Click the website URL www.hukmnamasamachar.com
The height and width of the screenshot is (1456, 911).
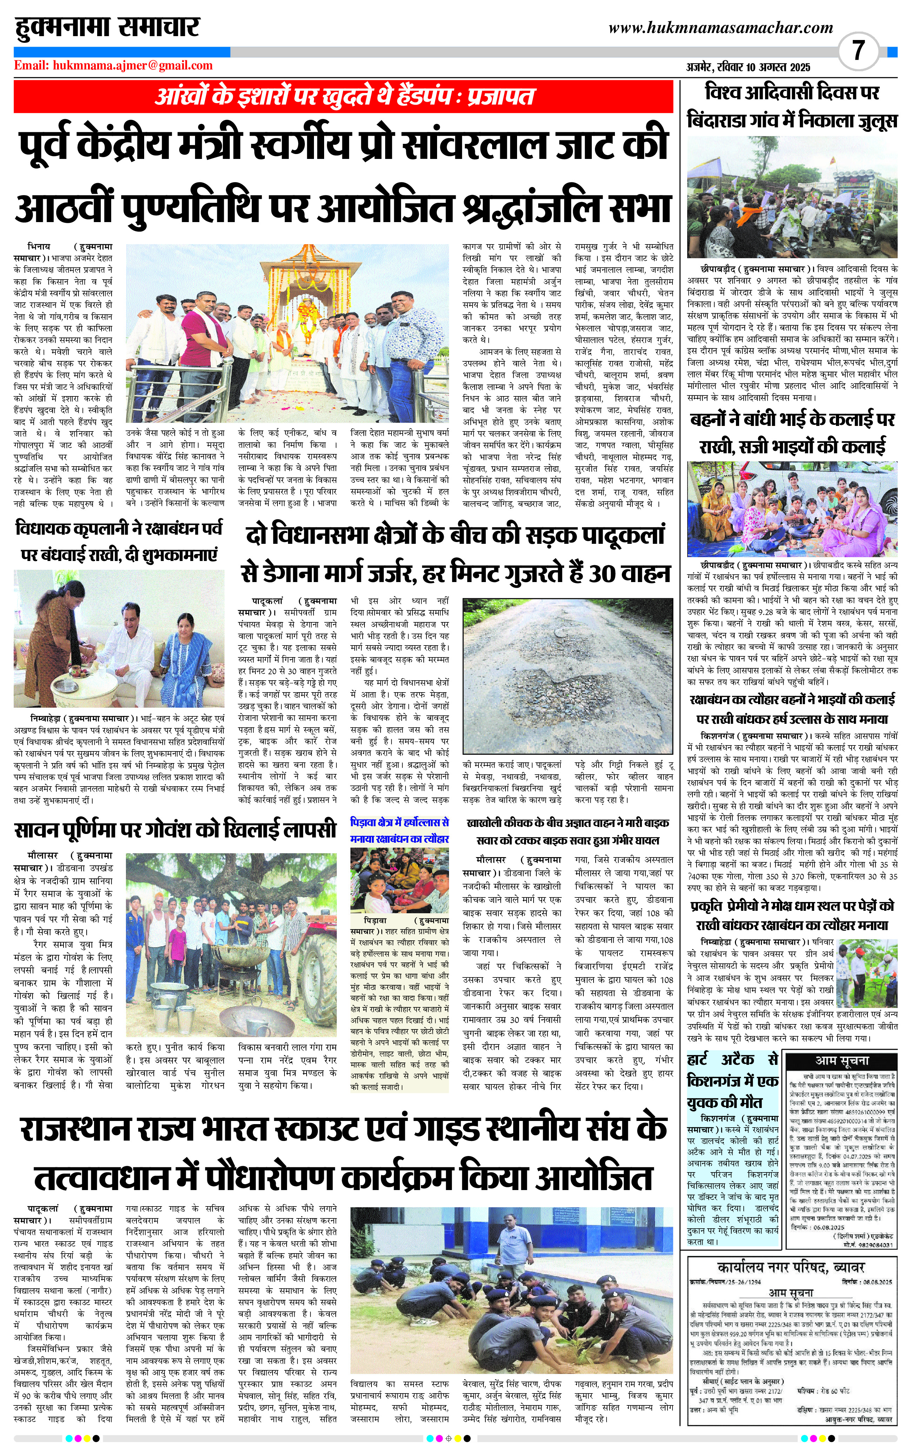[x=721, y=28]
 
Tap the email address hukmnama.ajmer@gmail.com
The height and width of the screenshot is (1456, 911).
[x=132, y=66]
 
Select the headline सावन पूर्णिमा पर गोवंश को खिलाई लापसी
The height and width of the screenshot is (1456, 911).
[x=175, y=829]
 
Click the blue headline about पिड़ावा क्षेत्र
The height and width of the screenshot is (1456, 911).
[x=400, y=830]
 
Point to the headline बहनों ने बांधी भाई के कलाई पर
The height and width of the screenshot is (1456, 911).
[x=792, y=420]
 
